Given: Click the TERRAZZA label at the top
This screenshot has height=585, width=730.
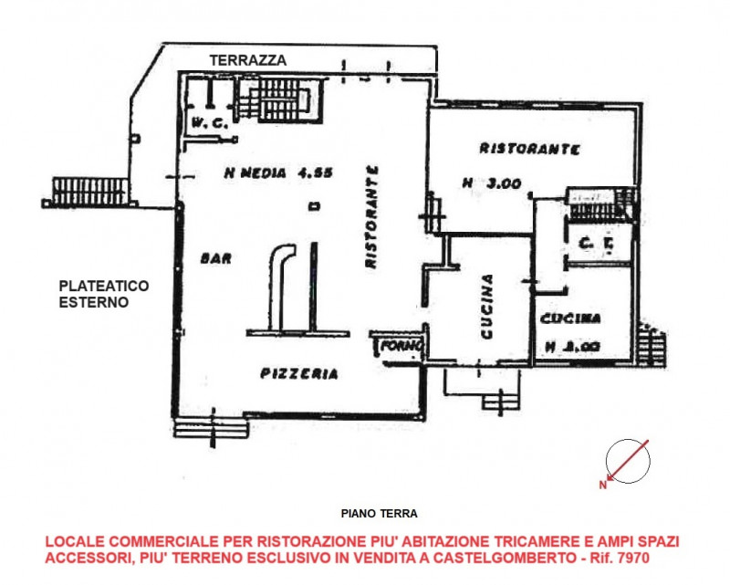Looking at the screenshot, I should (x=248, y=60).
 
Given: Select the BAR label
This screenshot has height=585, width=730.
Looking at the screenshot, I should (x=216, y=258).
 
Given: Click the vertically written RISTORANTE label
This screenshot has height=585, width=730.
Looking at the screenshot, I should (x=371, y=216).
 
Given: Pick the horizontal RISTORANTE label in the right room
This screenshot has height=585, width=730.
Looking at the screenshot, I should (x=529, y=149).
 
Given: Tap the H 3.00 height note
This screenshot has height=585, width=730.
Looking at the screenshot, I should (x=492, y=183).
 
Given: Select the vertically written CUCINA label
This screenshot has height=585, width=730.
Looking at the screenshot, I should (x=487, y=307).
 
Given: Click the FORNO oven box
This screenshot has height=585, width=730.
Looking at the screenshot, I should (x=400, y=346).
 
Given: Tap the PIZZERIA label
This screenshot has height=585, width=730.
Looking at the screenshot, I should (x=299, y=373).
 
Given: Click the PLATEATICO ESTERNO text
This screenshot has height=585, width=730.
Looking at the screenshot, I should (x=102, y=293).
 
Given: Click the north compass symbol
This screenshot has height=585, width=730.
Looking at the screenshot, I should (x=630, y=459).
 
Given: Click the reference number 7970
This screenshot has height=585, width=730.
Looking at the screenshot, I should (x=634, y=556).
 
